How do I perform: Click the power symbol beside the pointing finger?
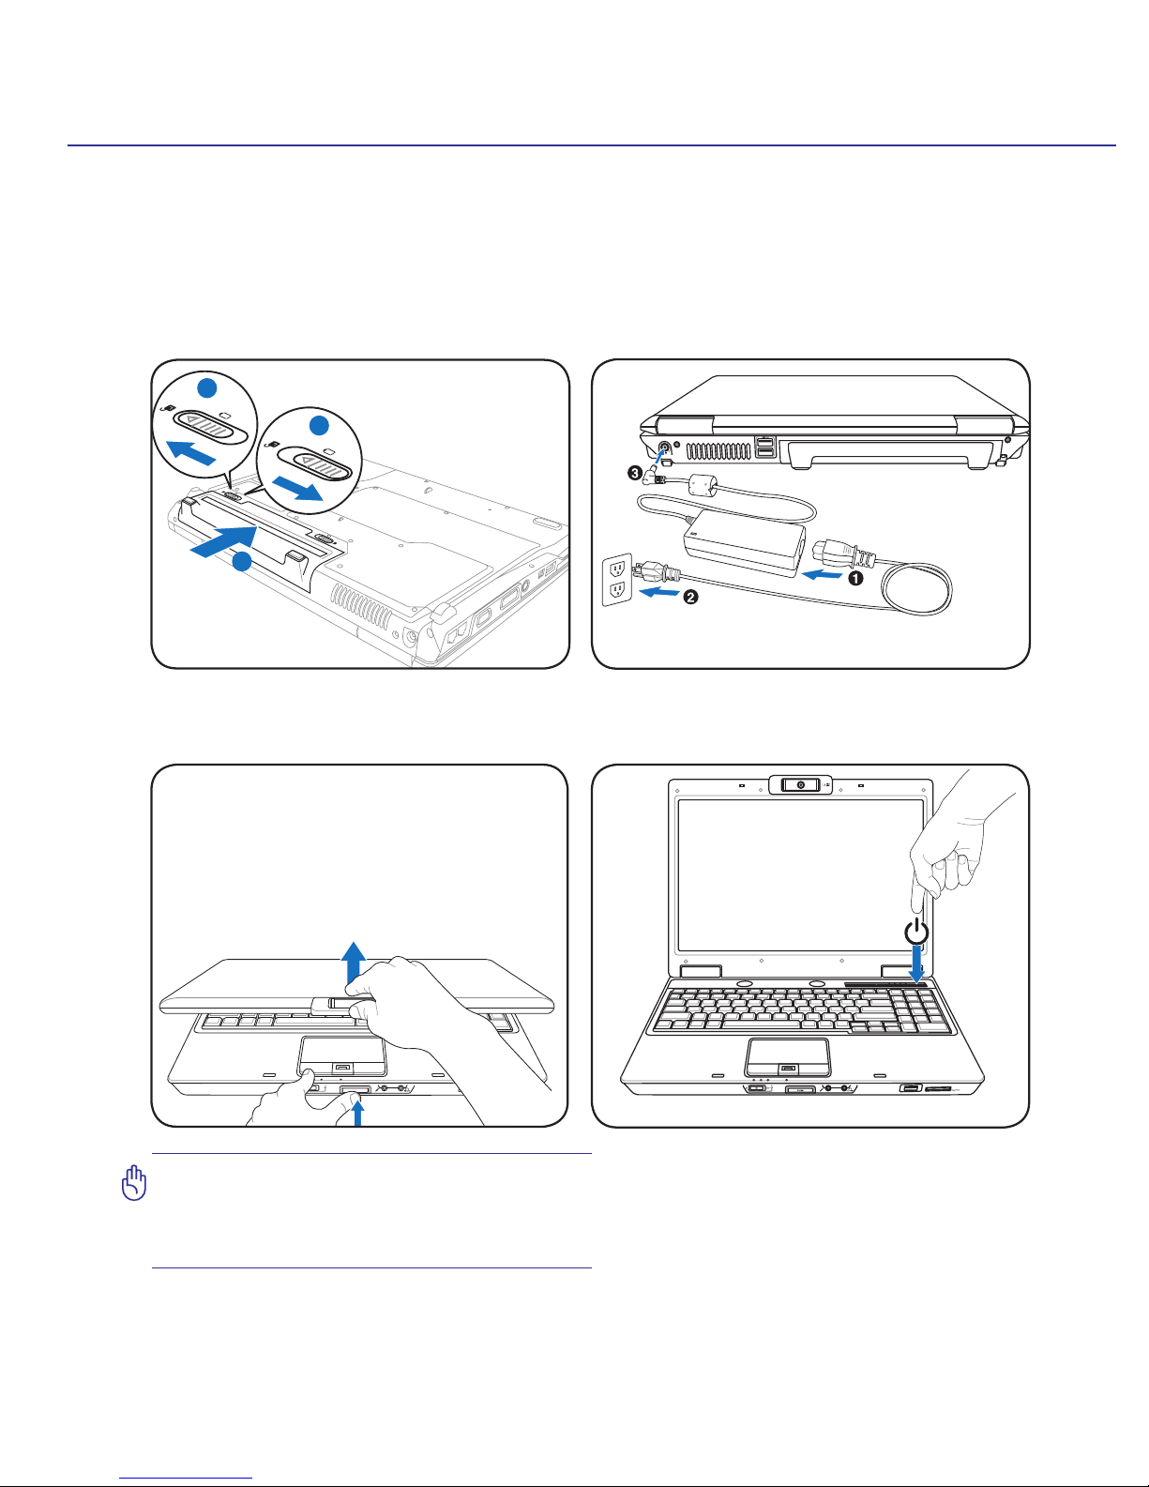(x=916, y=933)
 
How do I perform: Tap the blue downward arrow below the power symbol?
(x=916, y=965)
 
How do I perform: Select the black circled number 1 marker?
(x=854, y=579)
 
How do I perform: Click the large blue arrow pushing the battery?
(x=223, y=542)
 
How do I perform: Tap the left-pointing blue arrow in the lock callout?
(x=190, y=454)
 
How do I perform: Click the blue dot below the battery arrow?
(x=242, y=562)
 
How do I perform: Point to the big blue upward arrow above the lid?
(x=354, y=961)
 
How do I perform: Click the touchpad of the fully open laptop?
(x=787, y=1055)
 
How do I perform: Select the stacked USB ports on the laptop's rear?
(x=765, y=448)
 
